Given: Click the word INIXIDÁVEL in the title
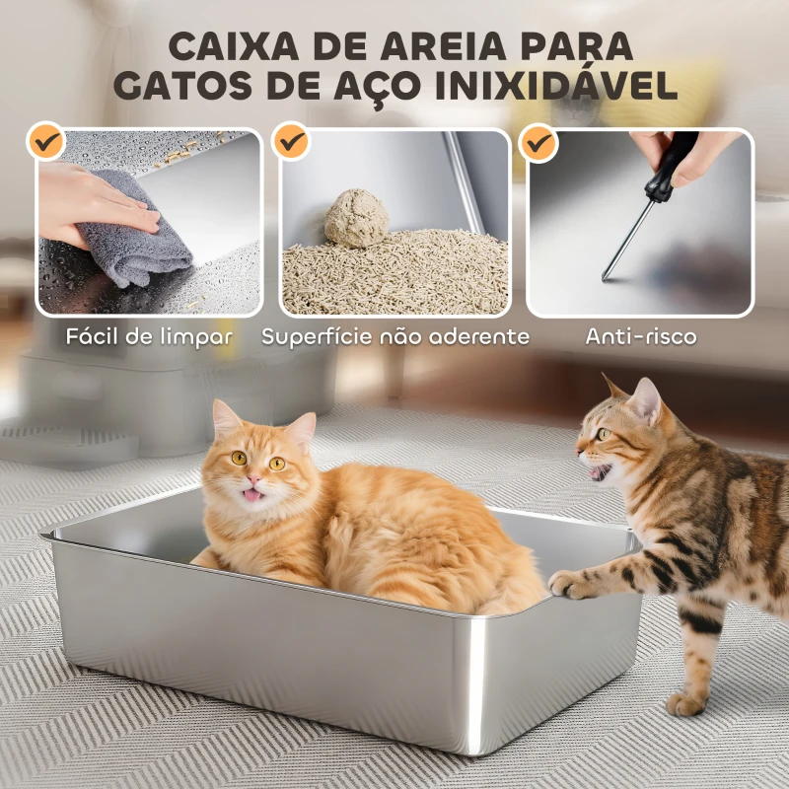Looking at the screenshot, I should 558,86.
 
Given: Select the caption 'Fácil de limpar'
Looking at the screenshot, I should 150,336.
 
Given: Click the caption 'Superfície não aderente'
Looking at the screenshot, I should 394,336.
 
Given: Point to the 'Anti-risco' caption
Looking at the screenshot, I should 641,336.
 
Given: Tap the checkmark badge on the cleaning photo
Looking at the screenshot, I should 45,142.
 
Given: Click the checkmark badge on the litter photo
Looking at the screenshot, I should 292,142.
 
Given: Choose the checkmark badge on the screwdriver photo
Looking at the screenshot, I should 538,142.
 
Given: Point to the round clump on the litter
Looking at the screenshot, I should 356,217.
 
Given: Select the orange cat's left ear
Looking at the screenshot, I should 226,418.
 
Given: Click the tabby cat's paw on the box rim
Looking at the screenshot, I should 566,585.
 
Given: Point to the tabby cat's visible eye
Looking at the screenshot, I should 604,433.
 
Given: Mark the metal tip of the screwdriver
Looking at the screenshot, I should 606,276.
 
